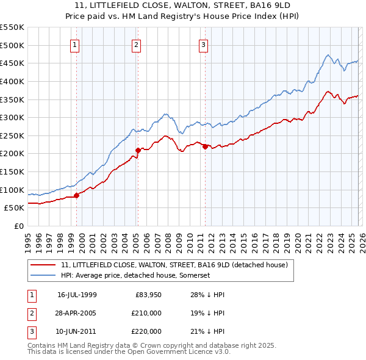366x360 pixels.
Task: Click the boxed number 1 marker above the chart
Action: click(74, 45)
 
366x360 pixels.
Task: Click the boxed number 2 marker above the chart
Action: click(136, 45)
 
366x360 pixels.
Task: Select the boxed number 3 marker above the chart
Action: click(203, 45)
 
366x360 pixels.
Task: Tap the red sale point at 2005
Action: click(138, 149)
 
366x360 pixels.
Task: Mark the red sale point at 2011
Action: click(204, 146)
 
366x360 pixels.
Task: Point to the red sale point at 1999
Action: click(77, 195)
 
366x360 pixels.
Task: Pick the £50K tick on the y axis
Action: click(15, 207)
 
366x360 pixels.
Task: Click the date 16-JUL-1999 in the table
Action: click(77, 294)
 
